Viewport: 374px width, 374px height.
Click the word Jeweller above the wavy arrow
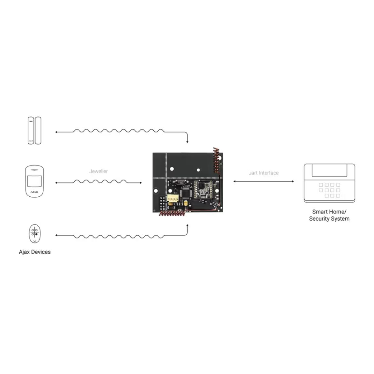98,171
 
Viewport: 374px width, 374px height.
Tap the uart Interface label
263,173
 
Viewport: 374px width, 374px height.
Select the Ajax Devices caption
35,252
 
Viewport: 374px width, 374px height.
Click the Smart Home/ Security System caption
329,215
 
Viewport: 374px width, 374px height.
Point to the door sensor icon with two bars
34,130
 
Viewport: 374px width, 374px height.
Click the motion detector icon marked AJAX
34,181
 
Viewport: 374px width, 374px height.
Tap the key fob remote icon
35,234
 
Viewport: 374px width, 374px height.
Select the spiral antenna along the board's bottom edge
171,213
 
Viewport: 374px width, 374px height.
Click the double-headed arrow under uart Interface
263,181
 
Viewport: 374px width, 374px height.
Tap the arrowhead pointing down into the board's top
187,142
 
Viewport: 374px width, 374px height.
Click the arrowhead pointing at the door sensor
56,132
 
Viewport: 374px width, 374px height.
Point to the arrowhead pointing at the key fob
57,235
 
